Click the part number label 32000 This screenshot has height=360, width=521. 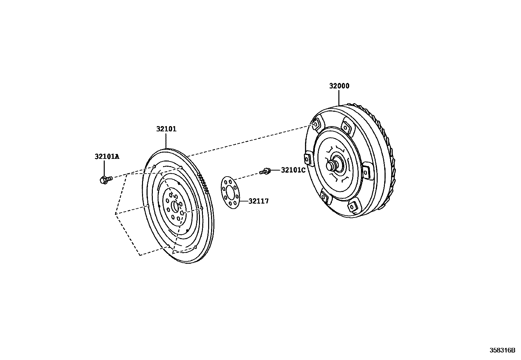[339, 86]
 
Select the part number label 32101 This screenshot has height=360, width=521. [166, 129]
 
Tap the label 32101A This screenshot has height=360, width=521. [107, 157]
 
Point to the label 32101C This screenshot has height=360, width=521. [293, 170]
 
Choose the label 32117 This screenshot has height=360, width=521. [258, 201]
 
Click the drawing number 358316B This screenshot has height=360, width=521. [502, 350]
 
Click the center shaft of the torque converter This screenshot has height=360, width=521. [333, 164]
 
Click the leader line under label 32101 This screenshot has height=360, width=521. [166, 141]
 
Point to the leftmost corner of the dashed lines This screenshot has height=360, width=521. [115, 214]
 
